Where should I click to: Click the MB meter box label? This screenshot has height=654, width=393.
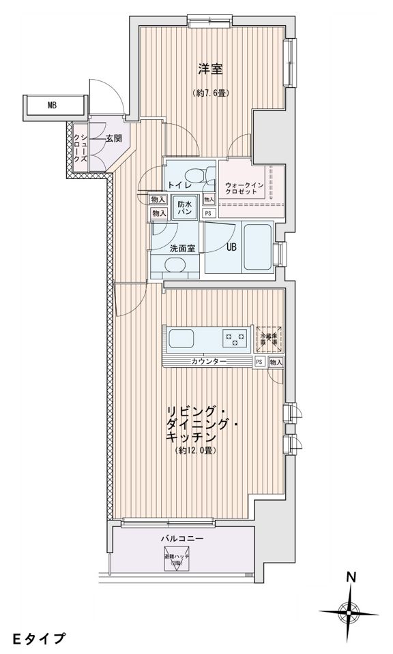click(53, 106)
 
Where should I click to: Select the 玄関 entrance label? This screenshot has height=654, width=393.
click(114, 139)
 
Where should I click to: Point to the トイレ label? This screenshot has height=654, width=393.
click(179, 185)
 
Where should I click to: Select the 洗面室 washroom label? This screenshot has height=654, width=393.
click(183, 248)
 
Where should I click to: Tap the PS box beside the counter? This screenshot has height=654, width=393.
click(260, 362)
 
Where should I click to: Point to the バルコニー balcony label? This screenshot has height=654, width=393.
click(179, 538)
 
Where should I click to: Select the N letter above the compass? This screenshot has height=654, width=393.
click(351, 576)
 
